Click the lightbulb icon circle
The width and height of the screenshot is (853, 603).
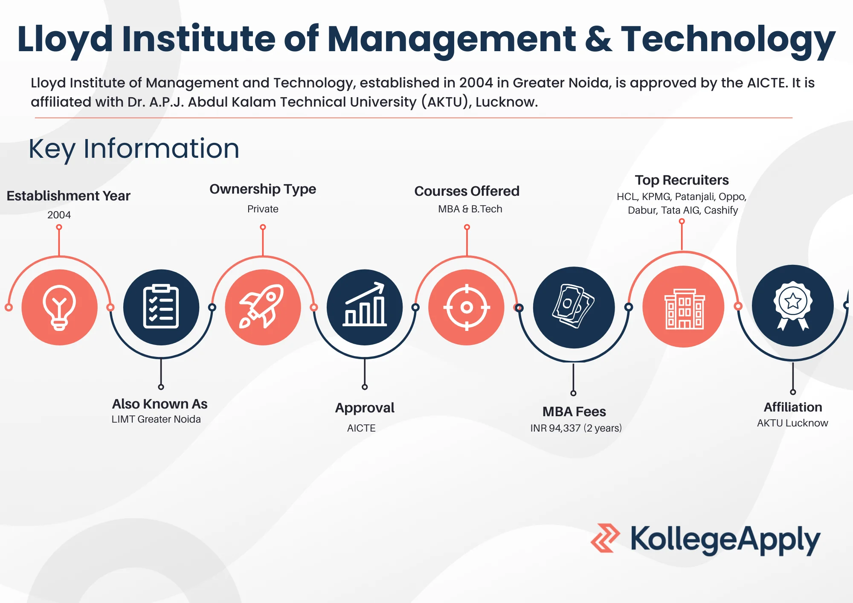tap(60, 307)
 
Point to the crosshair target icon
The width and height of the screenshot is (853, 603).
tap(467, 307)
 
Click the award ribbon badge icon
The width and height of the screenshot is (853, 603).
tap(793, 306)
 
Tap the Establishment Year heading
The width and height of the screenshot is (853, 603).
tap(68, 196)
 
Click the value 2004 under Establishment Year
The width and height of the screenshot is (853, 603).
tap(59, 215)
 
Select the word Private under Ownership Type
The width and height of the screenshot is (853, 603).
tap(263, 209)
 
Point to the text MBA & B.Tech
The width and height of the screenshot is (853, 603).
tap(470, 209)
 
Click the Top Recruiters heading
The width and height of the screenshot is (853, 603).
tap(682, 180)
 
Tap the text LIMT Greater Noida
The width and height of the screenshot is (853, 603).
tap(156, 419)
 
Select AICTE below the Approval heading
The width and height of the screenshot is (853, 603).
tap(361, 428)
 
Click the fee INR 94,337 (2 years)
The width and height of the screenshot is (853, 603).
tap(576, 428)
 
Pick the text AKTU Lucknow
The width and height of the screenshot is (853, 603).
tap(792, 423)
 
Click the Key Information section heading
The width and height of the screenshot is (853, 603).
tap(134, 149)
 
